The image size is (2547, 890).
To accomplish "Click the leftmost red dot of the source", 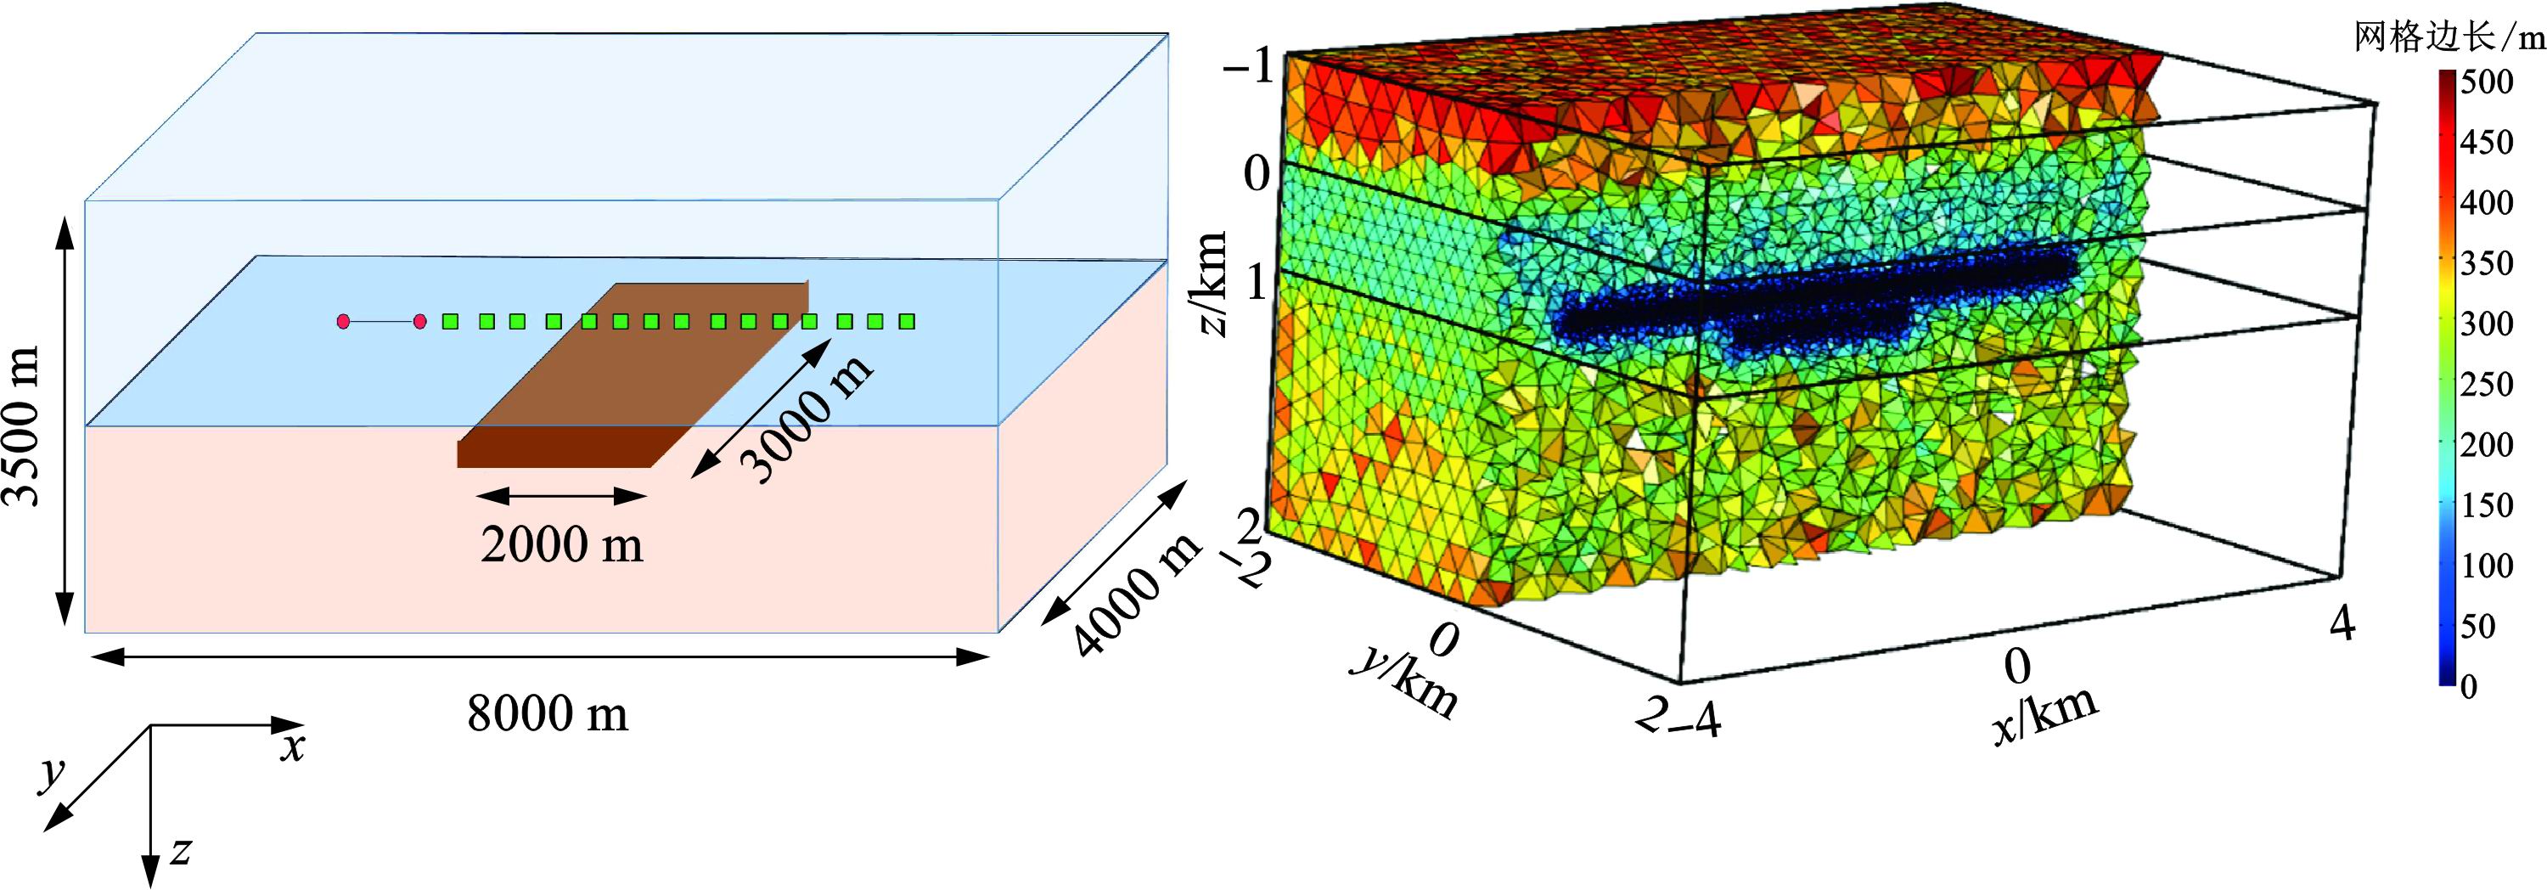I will point(343,321).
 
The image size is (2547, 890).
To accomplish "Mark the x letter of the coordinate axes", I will point(292,748).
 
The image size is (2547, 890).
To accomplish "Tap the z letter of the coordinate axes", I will point(180,849).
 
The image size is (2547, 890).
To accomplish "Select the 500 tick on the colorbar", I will point(2487,82).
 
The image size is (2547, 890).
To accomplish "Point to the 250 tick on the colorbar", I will point(2487,384).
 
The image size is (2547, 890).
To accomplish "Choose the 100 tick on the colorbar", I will point(2487,566).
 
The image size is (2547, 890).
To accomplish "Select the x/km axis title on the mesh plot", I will point(2044,714).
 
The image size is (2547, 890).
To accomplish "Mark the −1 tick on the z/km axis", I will point(1248,70).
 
